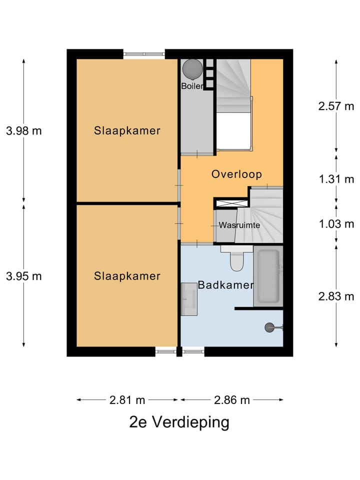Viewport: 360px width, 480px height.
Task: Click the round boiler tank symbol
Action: click(x=192, y=69)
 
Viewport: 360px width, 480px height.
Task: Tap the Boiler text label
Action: click(x=192, y=86)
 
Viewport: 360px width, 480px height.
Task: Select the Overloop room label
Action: click(x=236, y=174)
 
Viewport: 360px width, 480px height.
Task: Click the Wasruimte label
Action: click(x=239, y=225)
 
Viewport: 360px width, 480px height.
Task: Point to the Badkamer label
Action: click(x=225, y=285)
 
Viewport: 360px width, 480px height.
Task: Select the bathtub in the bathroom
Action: click(x=268, y=276)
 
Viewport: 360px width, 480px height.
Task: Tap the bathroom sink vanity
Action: click(x=189, y=299)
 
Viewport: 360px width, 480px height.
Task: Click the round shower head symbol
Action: click(x=269, y=327)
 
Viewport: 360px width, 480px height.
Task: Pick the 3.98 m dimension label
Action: click(x=24, y=131)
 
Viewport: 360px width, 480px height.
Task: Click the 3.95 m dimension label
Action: click(x=24, y=276)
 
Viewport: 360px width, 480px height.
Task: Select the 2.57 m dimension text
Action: click(x=336, y=106)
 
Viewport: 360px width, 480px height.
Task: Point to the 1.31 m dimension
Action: click(x=336, y=179)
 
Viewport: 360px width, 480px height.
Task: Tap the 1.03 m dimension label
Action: click(x=336, y=224)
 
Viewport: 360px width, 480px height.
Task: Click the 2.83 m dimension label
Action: click(x=336, y=296)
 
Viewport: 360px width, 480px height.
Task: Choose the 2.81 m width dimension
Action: click(x=127, y=400)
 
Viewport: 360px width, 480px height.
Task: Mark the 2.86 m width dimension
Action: click(x=232, y=400)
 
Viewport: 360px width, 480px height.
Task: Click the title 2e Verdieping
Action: click(x=179, y=422)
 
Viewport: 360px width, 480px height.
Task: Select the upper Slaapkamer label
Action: click(x=127, y=130)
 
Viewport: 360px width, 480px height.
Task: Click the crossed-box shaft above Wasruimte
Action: click(x=232, y=202)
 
